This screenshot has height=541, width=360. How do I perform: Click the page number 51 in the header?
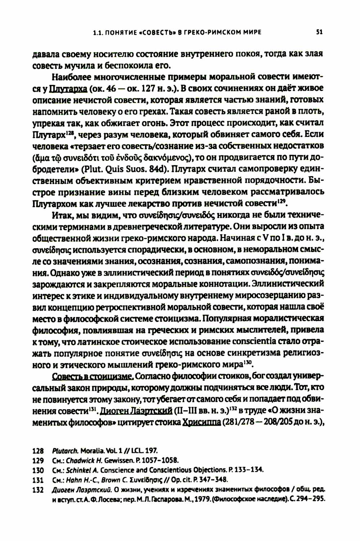click(x=319, y=32)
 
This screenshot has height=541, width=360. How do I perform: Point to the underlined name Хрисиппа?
click(x=202, y=422)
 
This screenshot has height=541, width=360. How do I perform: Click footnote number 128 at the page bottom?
click(x=38, y=451)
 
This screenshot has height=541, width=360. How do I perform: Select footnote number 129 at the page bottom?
click(x=38, y=460)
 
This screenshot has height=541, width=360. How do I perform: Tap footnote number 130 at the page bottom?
click(x=38, y=470)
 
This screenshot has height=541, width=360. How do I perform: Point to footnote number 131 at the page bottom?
click(x=38, y=480)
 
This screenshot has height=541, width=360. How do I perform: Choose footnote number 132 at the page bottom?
click(x=38, y=489)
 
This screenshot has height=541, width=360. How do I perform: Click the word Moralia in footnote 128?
click(x=91, y=451)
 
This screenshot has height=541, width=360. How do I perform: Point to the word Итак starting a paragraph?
click(x=62, y=215)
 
